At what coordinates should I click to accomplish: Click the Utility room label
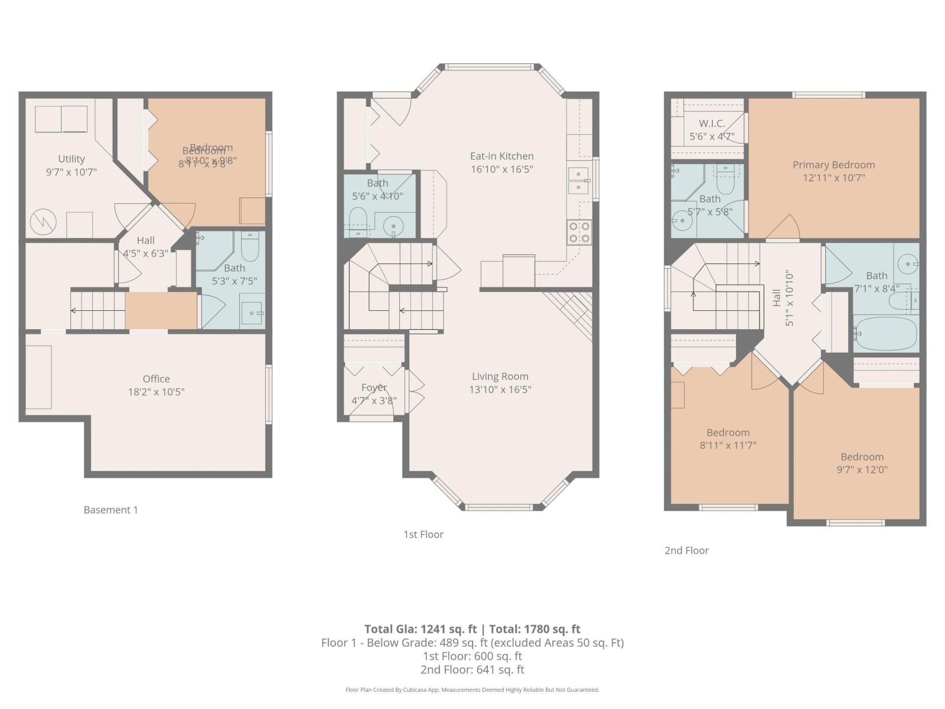point(71,159)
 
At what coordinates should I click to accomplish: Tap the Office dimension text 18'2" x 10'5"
point(157,392)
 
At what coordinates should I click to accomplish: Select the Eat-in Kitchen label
point(501,156)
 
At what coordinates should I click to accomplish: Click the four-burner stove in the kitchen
point(579,232)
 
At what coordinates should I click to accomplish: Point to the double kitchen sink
point(578,181)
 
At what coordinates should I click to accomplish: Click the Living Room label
point(500,376)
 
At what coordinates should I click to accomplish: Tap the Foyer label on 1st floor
point(374,388)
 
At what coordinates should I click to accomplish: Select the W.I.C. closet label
point(712,123)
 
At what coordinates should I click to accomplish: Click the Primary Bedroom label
point(833,165)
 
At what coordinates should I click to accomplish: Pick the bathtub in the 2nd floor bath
point(886,334)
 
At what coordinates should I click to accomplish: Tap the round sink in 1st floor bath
point(393,225)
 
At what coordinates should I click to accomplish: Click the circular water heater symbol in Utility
point(43,222)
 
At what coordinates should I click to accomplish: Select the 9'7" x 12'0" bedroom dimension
point(862,470)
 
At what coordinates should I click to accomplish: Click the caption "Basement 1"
point(110,510)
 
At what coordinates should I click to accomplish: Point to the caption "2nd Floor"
point(686,550)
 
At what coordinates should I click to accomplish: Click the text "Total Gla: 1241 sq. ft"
point(420,629)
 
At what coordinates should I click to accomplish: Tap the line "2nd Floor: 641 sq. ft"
point(472,669)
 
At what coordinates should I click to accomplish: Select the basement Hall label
point(145,240)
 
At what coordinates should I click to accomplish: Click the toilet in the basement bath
point(250,248)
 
